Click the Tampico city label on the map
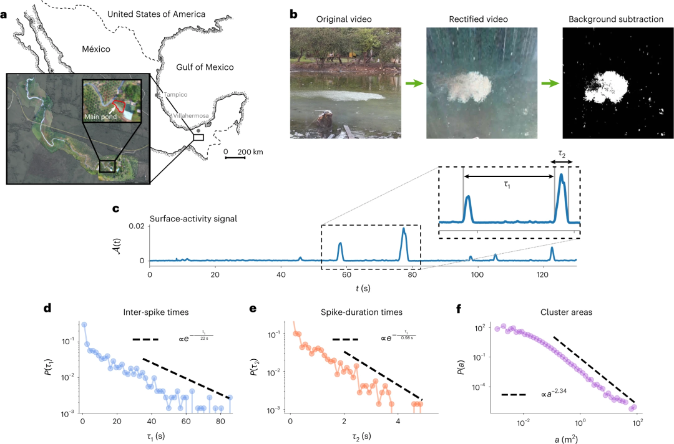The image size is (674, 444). [176, 95]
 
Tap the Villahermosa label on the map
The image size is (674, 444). [191, 116]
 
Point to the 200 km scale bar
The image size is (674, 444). [234, 157]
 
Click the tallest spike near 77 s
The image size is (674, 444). [404, 230]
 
